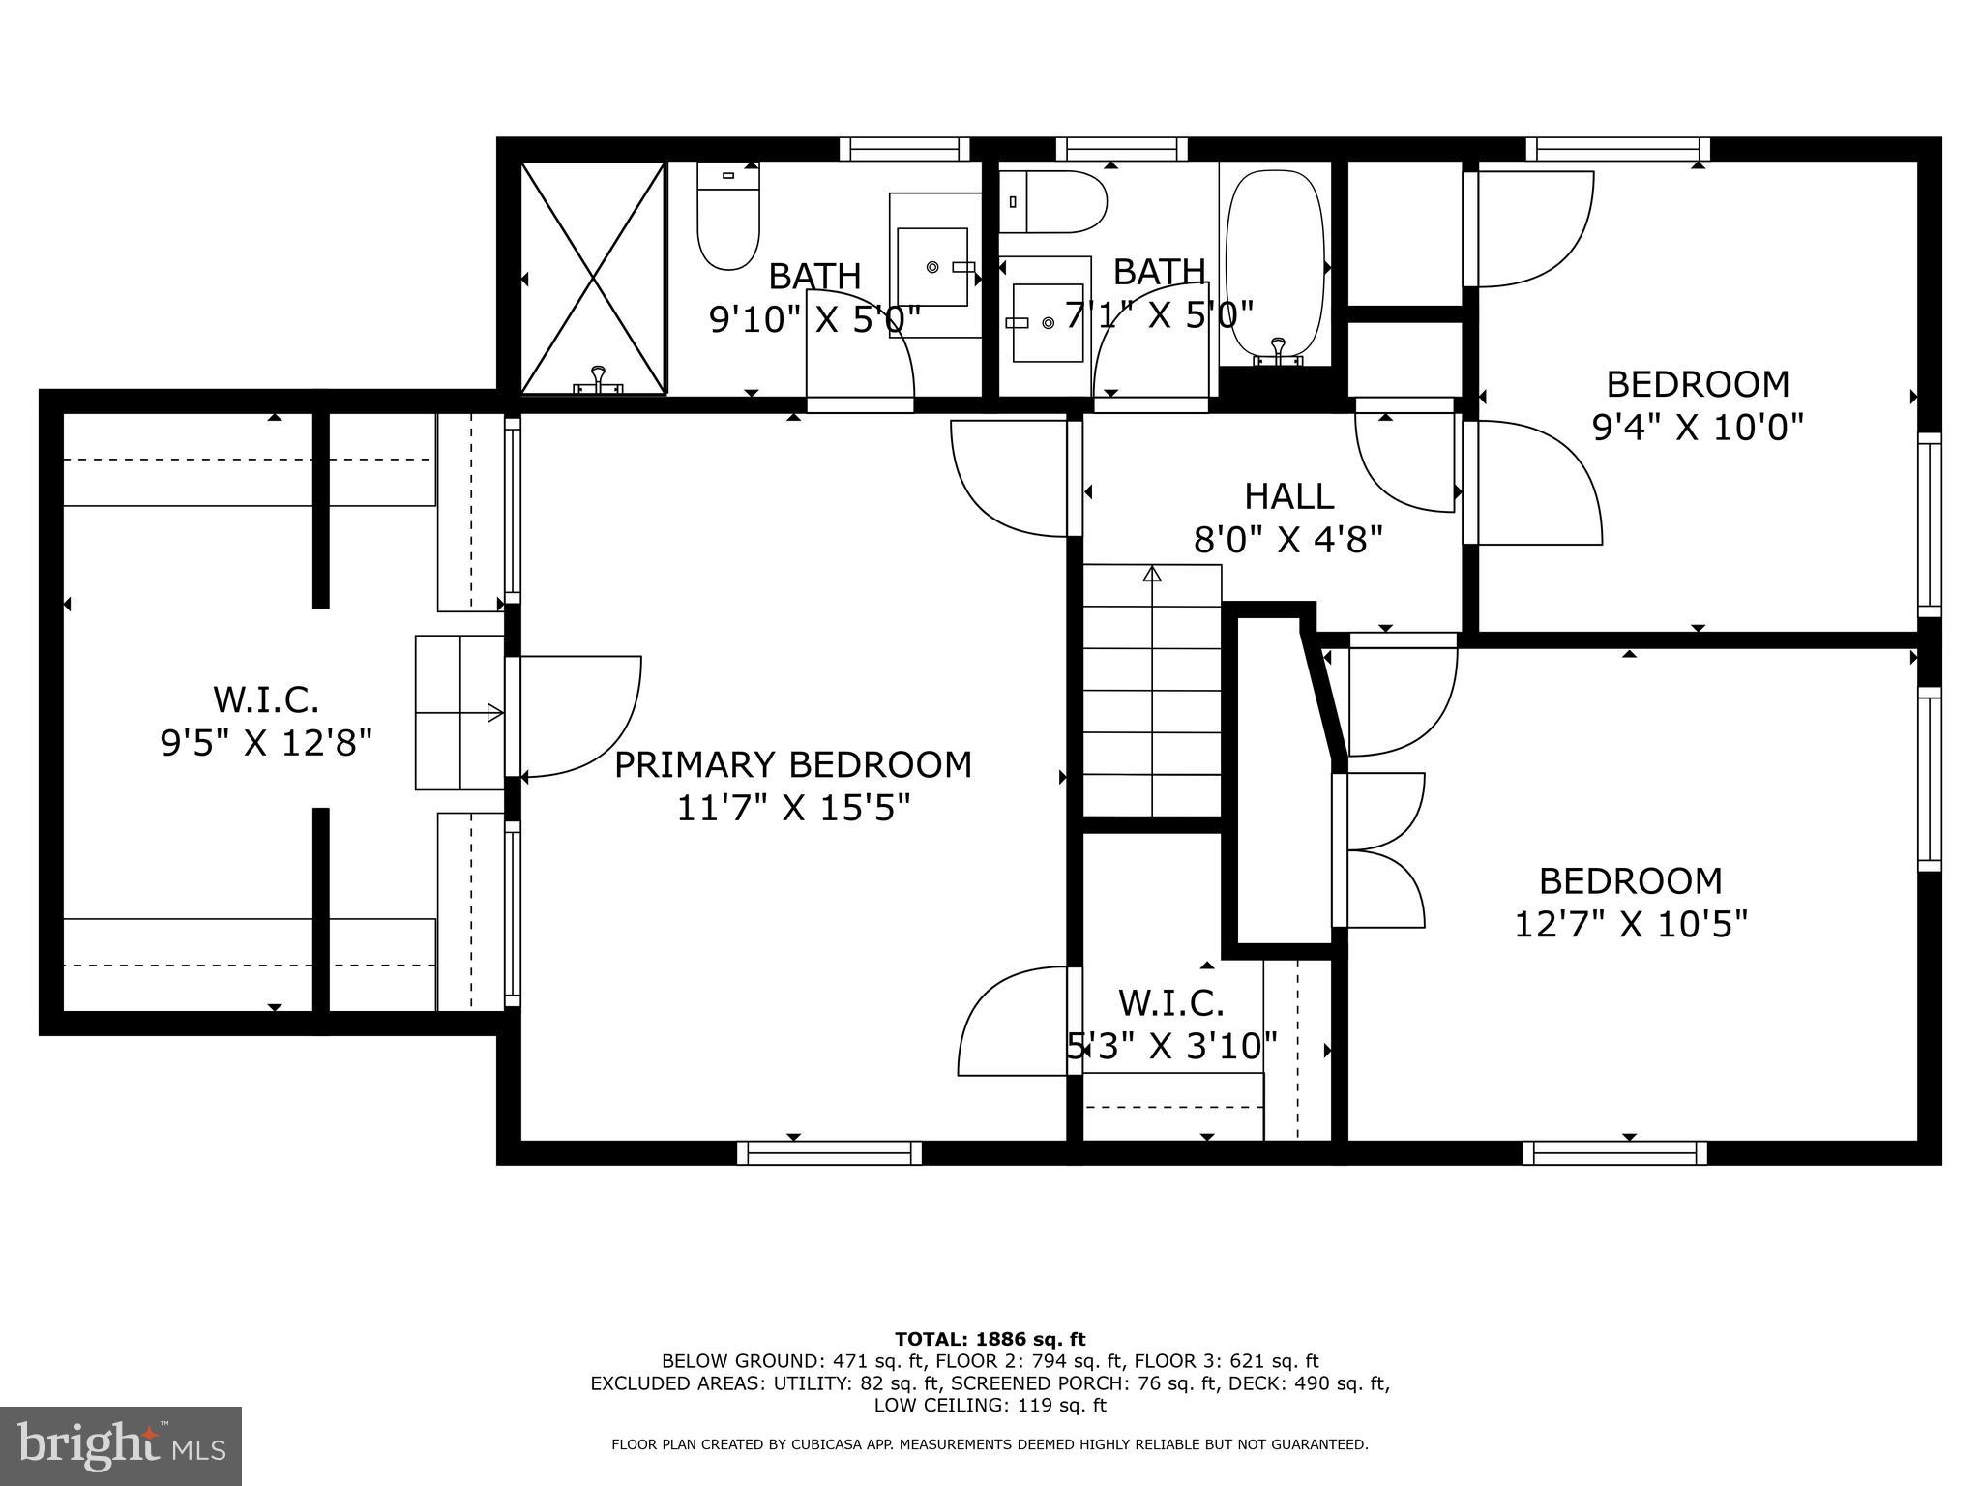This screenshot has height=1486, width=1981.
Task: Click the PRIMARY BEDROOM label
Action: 792,764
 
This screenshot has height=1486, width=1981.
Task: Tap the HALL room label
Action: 1288,496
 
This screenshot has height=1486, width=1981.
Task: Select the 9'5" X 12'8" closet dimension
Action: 266,743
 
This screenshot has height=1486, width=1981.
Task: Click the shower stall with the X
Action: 593,278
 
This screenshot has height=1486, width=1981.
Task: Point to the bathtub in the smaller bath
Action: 1274,266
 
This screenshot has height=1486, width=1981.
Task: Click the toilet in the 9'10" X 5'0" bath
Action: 727,218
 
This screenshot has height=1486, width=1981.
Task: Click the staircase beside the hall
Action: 1151,692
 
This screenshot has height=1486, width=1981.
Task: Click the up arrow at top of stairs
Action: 1151,575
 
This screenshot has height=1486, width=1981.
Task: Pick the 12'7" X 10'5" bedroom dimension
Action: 1630,924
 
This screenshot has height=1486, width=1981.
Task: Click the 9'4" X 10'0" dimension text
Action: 1698,427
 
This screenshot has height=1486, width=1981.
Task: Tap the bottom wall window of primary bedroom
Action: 829,1152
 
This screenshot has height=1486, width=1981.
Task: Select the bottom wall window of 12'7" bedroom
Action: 1614,1152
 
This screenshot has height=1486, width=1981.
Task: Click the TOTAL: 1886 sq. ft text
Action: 990,1339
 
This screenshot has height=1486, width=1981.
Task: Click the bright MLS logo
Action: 121,1446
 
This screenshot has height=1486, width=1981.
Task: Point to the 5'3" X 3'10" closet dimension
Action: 1171,1045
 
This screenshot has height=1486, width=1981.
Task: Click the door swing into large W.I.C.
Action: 580,716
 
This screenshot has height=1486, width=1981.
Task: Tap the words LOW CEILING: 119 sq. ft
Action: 990,1405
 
